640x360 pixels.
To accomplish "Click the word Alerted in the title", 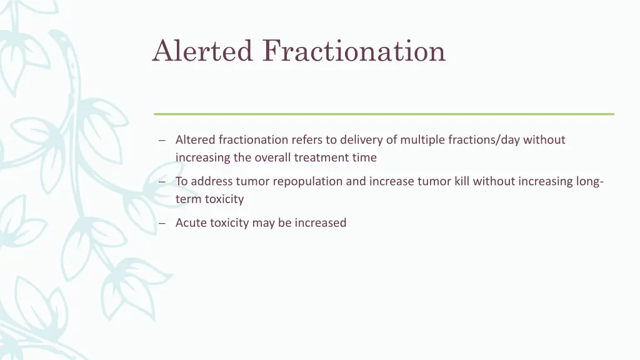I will (202, 51).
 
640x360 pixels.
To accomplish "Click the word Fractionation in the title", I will (354, 51).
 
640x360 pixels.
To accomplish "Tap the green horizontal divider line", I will (384, 114).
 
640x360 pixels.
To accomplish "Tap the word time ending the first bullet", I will (364, 157).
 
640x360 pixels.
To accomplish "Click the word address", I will (212, 181).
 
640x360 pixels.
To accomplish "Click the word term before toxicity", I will (189, 199).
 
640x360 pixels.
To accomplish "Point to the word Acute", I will (191, 222).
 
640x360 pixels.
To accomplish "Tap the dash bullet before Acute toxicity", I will (162, 223).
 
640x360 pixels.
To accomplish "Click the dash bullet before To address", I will (162, 182).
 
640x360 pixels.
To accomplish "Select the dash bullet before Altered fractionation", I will (162, 141).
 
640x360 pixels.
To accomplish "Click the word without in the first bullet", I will (544, 140).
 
